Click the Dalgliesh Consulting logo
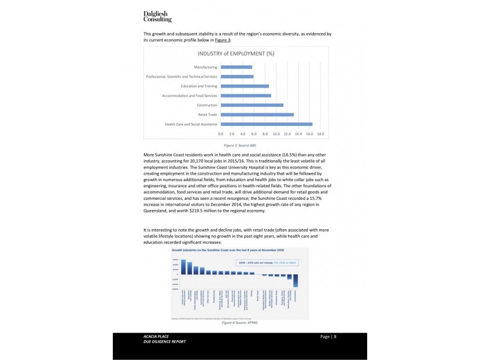tap(157, 16)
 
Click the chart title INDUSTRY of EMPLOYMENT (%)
tap(236, 54)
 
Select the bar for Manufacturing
tap(236, 67)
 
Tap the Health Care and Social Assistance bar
tap(266, 124)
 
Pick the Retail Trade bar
tap(257, 115)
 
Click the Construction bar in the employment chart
tap(252, 105)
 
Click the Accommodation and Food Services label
tap(190, 95)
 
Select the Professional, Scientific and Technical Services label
tap(182, 76)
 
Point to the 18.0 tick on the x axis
tap(320, 134)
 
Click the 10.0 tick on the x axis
tap(276, 134)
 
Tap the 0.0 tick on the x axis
tap(221, 134)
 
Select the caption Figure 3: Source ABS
tap(236, 146)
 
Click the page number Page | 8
tap(328, 337)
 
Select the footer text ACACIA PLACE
tap(148, 337)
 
